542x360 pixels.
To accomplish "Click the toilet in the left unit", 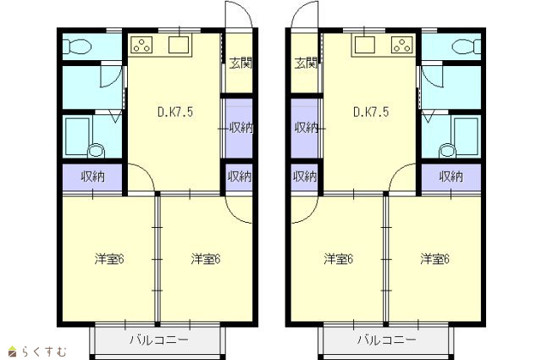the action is tap(77, 47).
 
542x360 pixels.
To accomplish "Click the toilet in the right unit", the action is tap(466, 47).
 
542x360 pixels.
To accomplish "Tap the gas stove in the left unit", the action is tap(142, 45).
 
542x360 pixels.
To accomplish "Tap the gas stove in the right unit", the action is tap(401, 45).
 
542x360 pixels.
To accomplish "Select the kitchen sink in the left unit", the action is tap(179, 45).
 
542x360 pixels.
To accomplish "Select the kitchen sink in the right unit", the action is tap(365, 45).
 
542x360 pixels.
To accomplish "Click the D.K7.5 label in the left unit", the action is tap(175, 112).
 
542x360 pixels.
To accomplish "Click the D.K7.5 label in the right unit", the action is tap(371, 112).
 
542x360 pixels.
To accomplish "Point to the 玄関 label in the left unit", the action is tap(241, 64).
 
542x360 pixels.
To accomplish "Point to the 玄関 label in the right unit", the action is tap(306, 64).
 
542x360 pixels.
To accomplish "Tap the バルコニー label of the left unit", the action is tap(159, 340).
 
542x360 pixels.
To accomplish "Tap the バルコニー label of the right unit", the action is tap(386, 340).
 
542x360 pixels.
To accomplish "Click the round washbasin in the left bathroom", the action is tap(96, 151).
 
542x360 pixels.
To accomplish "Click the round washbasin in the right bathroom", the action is tap(448, 151).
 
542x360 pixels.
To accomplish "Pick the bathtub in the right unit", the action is tap(467, 135).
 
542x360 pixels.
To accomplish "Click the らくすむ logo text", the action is tap(44, 352).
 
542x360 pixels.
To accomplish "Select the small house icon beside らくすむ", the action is tap(13, 351).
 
